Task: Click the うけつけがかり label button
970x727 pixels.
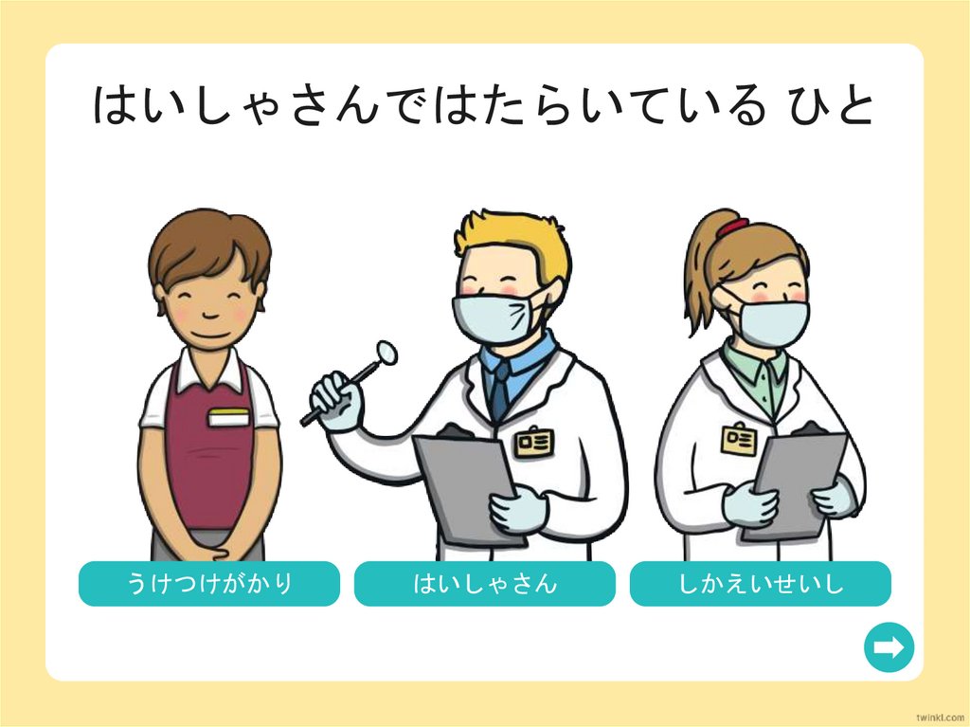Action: (209, 583)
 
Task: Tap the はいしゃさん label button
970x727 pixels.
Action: (485, 583)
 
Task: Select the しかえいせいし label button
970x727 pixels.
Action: (761, 583)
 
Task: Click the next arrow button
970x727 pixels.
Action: (889, 647)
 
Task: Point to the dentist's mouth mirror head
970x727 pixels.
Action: (386, 351)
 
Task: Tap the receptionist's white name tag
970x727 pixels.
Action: (228, 418)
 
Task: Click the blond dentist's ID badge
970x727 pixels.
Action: (532, 441)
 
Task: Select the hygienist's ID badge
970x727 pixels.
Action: (739, 439)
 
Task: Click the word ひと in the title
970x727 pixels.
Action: (830, 105)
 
